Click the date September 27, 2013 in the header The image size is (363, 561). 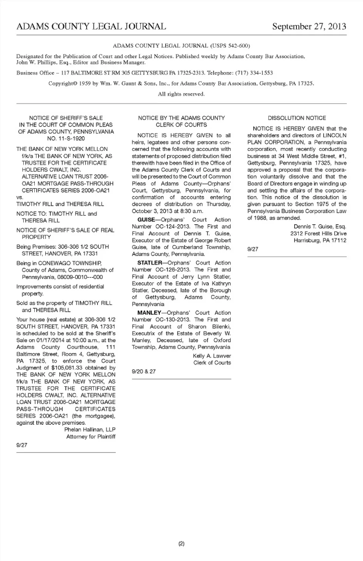[x=309, y=26]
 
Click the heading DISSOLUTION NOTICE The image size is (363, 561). [x=297, y=118]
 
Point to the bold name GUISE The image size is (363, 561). [x=146, y=219]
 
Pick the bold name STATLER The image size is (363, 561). [x=149, y=263]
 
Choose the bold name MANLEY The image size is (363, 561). [x=149, y=313]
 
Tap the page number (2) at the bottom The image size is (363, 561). [x=181, y=544]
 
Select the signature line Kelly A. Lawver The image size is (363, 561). [x=212, y=356]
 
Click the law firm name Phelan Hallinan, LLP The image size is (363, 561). [x=90, y=430]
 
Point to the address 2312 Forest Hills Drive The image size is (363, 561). [x=318, y=233]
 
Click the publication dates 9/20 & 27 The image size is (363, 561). [x=144, y=371]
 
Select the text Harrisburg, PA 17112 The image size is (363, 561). [x=320, y=240]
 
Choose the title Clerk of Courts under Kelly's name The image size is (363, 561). [x=212, y=363]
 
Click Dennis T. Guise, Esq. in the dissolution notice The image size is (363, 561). [x=320, y=227]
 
